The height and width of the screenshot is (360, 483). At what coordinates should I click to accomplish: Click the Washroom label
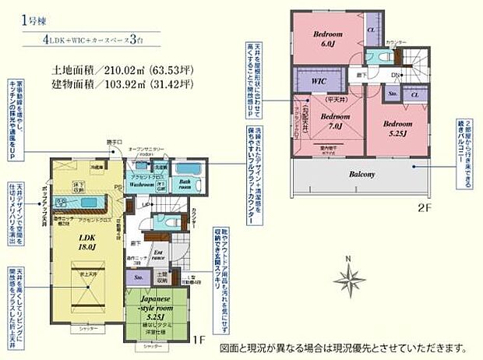coord(144,185)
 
